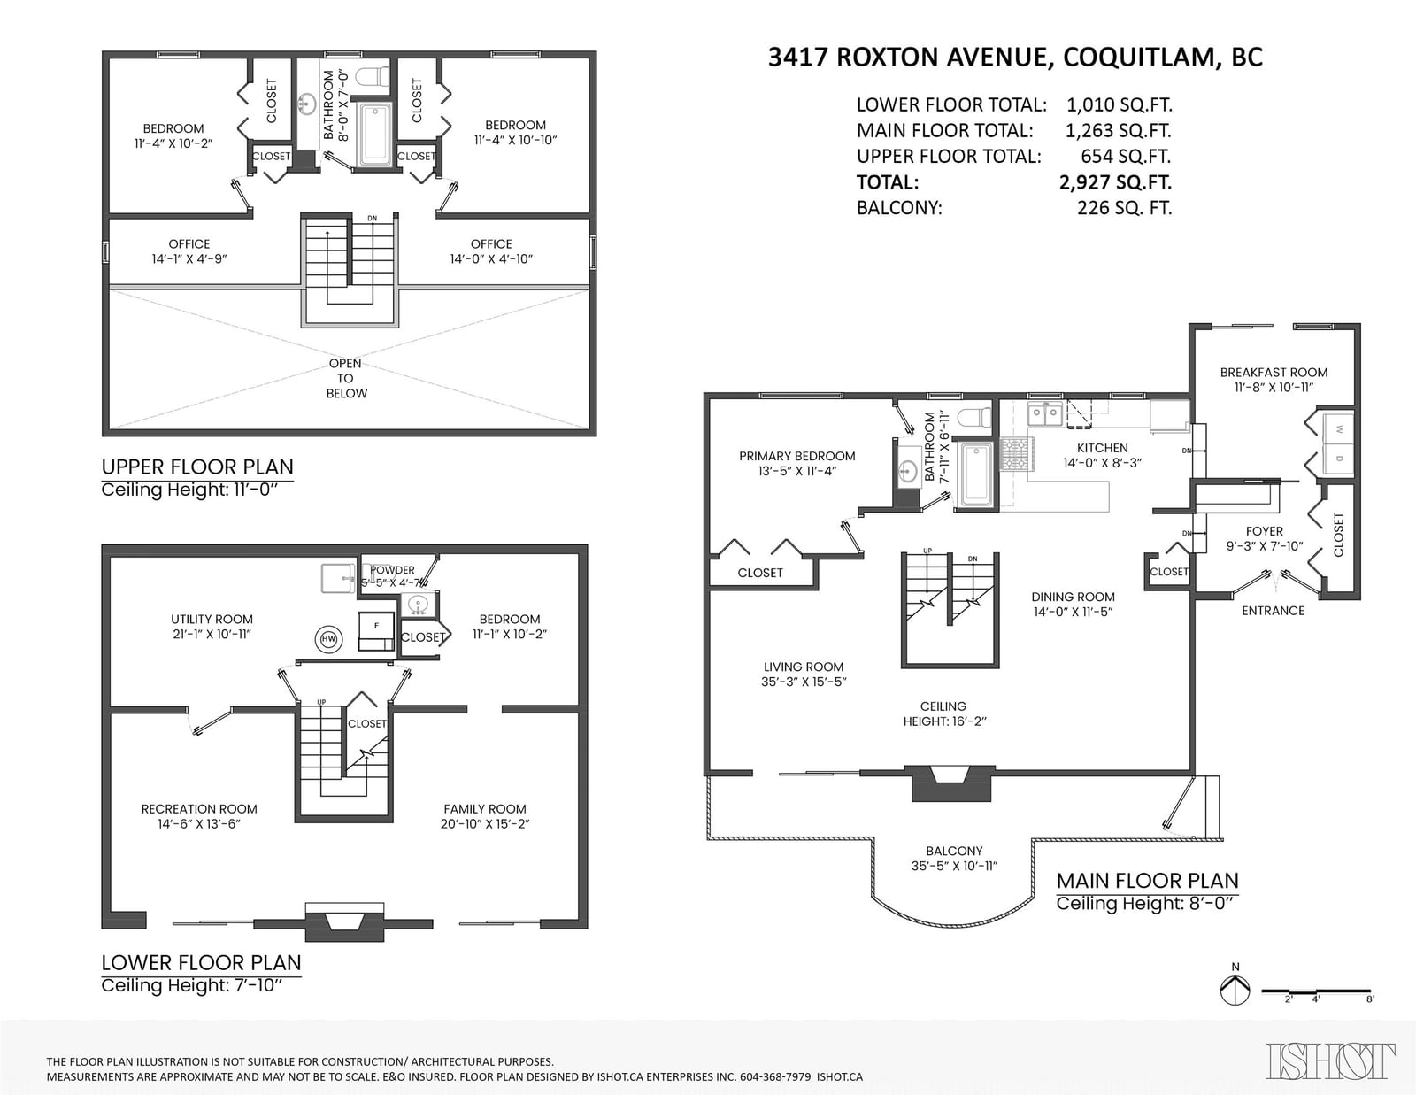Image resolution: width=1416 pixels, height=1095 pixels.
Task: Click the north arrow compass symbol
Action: (1235, 991)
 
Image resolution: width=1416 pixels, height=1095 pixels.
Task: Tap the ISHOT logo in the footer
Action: (1330, 1060)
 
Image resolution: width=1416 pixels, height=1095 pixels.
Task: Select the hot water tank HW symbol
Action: (328, 639)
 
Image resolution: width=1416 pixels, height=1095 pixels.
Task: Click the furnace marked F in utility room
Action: (376, 630)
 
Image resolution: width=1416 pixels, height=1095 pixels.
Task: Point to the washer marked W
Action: (1338, 429)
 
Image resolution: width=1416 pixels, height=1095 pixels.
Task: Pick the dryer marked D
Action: (1338, 459)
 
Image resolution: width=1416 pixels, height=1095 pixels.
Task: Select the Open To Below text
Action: (345, 378)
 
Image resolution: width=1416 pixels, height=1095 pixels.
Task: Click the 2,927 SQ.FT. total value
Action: (1115, 181)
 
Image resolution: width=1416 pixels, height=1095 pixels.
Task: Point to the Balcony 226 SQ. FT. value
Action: (1124, 208)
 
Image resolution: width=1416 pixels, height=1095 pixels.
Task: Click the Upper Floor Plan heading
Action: (197, 467)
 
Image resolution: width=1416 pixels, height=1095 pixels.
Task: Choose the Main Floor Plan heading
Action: (1147, 881)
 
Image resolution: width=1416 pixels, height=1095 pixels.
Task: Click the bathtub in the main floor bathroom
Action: (975, 474)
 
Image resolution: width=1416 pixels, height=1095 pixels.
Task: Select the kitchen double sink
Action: (1045, 414)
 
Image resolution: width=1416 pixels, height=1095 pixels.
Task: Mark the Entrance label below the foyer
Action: (1273, 611)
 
